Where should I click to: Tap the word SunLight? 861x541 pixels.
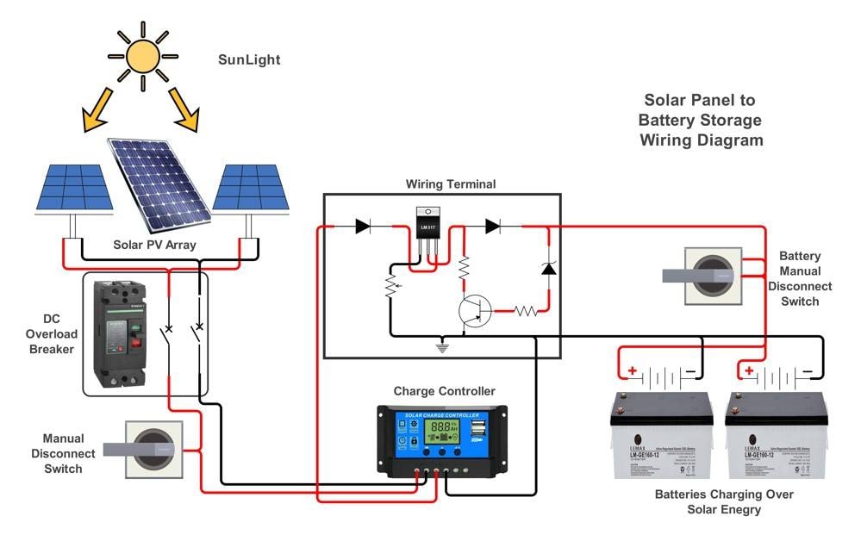249,60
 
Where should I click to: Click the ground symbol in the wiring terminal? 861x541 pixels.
443,346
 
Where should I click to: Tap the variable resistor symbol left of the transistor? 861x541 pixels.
390,285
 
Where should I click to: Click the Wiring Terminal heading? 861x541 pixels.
451,184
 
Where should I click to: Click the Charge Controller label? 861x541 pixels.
444,391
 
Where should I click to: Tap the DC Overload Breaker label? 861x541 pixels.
53,333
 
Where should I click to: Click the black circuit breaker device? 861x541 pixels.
122,333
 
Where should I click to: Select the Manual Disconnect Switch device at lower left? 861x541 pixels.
152,449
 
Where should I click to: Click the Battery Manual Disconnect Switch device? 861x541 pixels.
711,276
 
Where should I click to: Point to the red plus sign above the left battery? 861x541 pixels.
632,372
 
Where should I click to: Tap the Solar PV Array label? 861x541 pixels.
154,245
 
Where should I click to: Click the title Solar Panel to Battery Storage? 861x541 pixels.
701,120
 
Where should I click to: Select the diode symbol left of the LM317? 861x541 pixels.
363,227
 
